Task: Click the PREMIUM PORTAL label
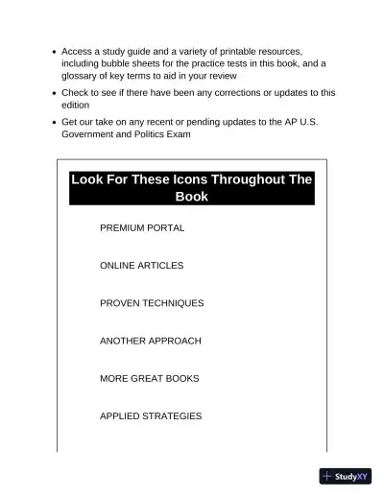(142, 228)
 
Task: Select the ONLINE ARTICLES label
(141, 266)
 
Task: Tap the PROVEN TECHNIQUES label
(152, 303)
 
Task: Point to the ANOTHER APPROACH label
(151, 341)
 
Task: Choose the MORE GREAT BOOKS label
(150, 379)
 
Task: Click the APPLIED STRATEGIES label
(151, 416)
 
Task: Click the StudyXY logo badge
(346, 476)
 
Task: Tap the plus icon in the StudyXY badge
(327, 476)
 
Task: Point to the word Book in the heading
(192, 198)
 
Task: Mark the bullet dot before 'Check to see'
(52, 93)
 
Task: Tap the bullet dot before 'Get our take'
(52, 123)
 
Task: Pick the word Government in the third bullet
(89, 134)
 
